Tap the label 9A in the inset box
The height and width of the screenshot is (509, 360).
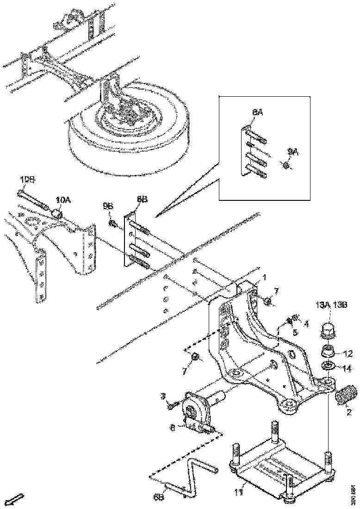293,151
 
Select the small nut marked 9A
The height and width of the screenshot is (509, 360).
286,164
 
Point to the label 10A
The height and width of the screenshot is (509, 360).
63,200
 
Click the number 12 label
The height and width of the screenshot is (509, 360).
348,354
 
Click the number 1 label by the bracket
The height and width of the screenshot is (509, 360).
264,277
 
